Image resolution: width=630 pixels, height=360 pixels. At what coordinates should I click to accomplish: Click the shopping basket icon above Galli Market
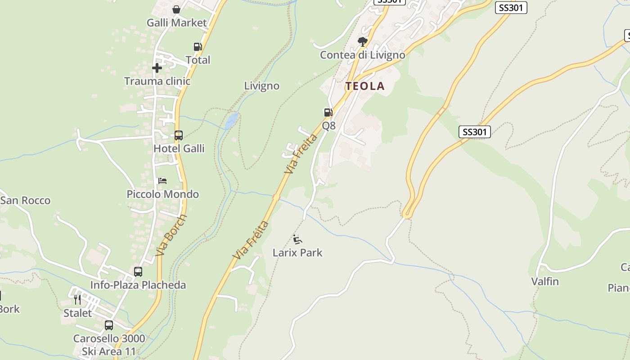176,9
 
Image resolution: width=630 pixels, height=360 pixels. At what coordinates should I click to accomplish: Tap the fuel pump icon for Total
198,46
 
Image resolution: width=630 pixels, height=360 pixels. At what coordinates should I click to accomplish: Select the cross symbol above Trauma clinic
157,68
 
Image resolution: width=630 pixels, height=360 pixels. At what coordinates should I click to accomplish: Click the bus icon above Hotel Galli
179,135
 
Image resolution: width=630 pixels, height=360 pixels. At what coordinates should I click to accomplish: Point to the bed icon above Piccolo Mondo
162,181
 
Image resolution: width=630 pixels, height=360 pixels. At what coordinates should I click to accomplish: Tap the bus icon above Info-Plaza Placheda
138,272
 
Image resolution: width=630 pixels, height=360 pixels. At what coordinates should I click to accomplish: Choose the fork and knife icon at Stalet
77,300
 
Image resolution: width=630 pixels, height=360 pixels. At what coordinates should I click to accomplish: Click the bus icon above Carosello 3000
109,325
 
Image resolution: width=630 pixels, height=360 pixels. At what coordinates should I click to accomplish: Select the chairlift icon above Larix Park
297,239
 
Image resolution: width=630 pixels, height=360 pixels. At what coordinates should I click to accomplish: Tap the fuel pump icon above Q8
328,112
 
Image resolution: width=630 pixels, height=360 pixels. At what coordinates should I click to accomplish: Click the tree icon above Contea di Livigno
362,42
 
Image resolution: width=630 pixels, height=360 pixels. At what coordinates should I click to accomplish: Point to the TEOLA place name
365,86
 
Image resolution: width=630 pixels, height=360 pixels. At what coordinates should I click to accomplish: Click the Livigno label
261,85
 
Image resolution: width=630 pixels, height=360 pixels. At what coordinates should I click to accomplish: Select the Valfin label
545,282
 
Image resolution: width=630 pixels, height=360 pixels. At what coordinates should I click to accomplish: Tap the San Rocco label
26,201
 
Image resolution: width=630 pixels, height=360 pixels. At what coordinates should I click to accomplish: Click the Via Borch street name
171,235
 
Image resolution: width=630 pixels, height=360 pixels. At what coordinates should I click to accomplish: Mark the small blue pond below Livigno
231,120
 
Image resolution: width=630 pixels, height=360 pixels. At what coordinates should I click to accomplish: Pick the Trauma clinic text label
157,81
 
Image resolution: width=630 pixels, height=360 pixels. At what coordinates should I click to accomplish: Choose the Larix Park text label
297,253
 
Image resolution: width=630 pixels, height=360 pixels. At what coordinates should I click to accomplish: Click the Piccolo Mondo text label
162,194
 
